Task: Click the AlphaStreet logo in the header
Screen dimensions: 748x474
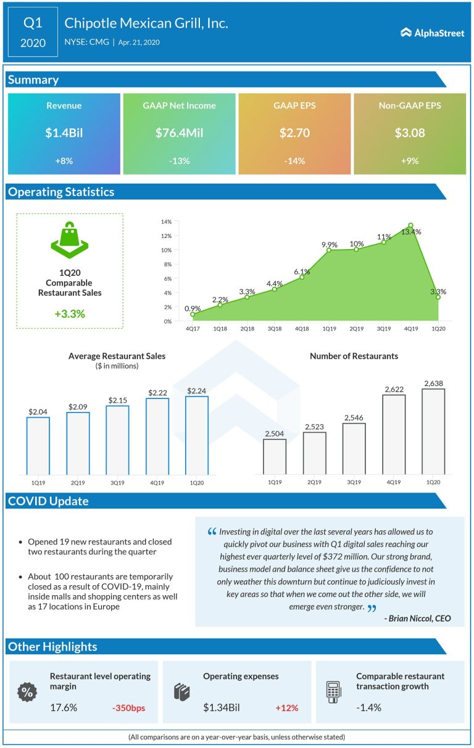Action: coord(432,33)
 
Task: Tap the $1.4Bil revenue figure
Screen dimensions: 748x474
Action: coord(64,133)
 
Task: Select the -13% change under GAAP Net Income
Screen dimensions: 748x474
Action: coord(179,161)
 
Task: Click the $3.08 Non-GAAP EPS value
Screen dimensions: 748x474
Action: coord(409,133)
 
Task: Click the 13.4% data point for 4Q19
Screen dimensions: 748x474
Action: coord(410,226)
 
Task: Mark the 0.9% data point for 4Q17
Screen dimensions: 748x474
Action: coord(193,314)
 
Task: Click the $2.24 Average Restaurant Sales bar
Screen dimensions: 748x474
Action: coord(197,435)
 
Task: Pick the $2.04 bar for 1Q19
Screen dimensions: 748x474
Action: coord(38,445)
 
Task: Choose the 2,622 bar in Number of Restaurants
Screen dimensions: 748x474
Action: coord(394,434)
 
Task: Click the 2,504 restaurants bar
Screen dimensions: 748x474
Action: coord(275,456)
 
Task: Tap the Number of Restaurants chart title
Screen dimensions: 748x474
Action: coord(354,356)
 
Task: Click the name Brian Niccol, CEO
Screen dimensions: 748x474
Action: coord(417,619)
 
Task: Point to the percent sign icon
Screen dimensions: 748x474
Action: coord(27,692)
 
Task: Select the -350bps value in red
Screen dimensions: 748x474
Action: coord(128,708)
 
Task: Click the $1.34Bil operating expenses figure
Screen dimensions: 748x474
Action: coord(222,708)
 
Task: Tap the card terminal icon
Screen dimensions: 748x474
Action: coord(334,692)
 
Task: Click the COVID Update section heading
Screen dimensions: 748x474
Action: coord(48,501)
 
